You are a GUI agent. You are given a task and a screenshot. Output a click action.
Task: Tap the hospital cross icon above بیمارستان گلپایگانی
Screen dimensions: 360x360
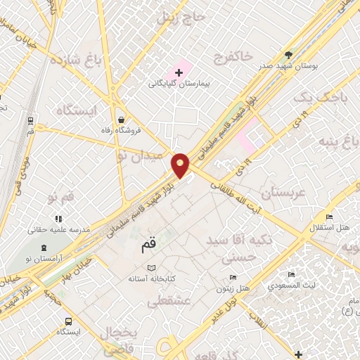pyautogui.click(x=179, y=72)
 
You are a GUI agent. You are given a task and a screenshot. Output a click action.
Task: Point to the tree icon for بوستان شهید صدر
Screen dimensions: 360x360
pyautogui.click(x=288, y=54)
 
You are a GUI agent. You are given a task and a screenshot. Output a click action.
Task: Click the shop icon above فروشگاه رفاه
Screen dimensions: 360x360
pyautogui.click(x=123, y=119)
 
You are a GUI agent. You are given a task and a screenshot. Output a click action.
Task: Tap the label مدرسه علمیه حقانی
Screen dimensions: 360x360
pyautogui.click(x=59, y=229)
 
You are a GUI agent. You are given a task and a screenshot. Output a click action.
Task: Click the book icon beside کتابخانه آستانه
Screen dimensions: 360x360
pyautogui.click(x=152, y=268)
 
